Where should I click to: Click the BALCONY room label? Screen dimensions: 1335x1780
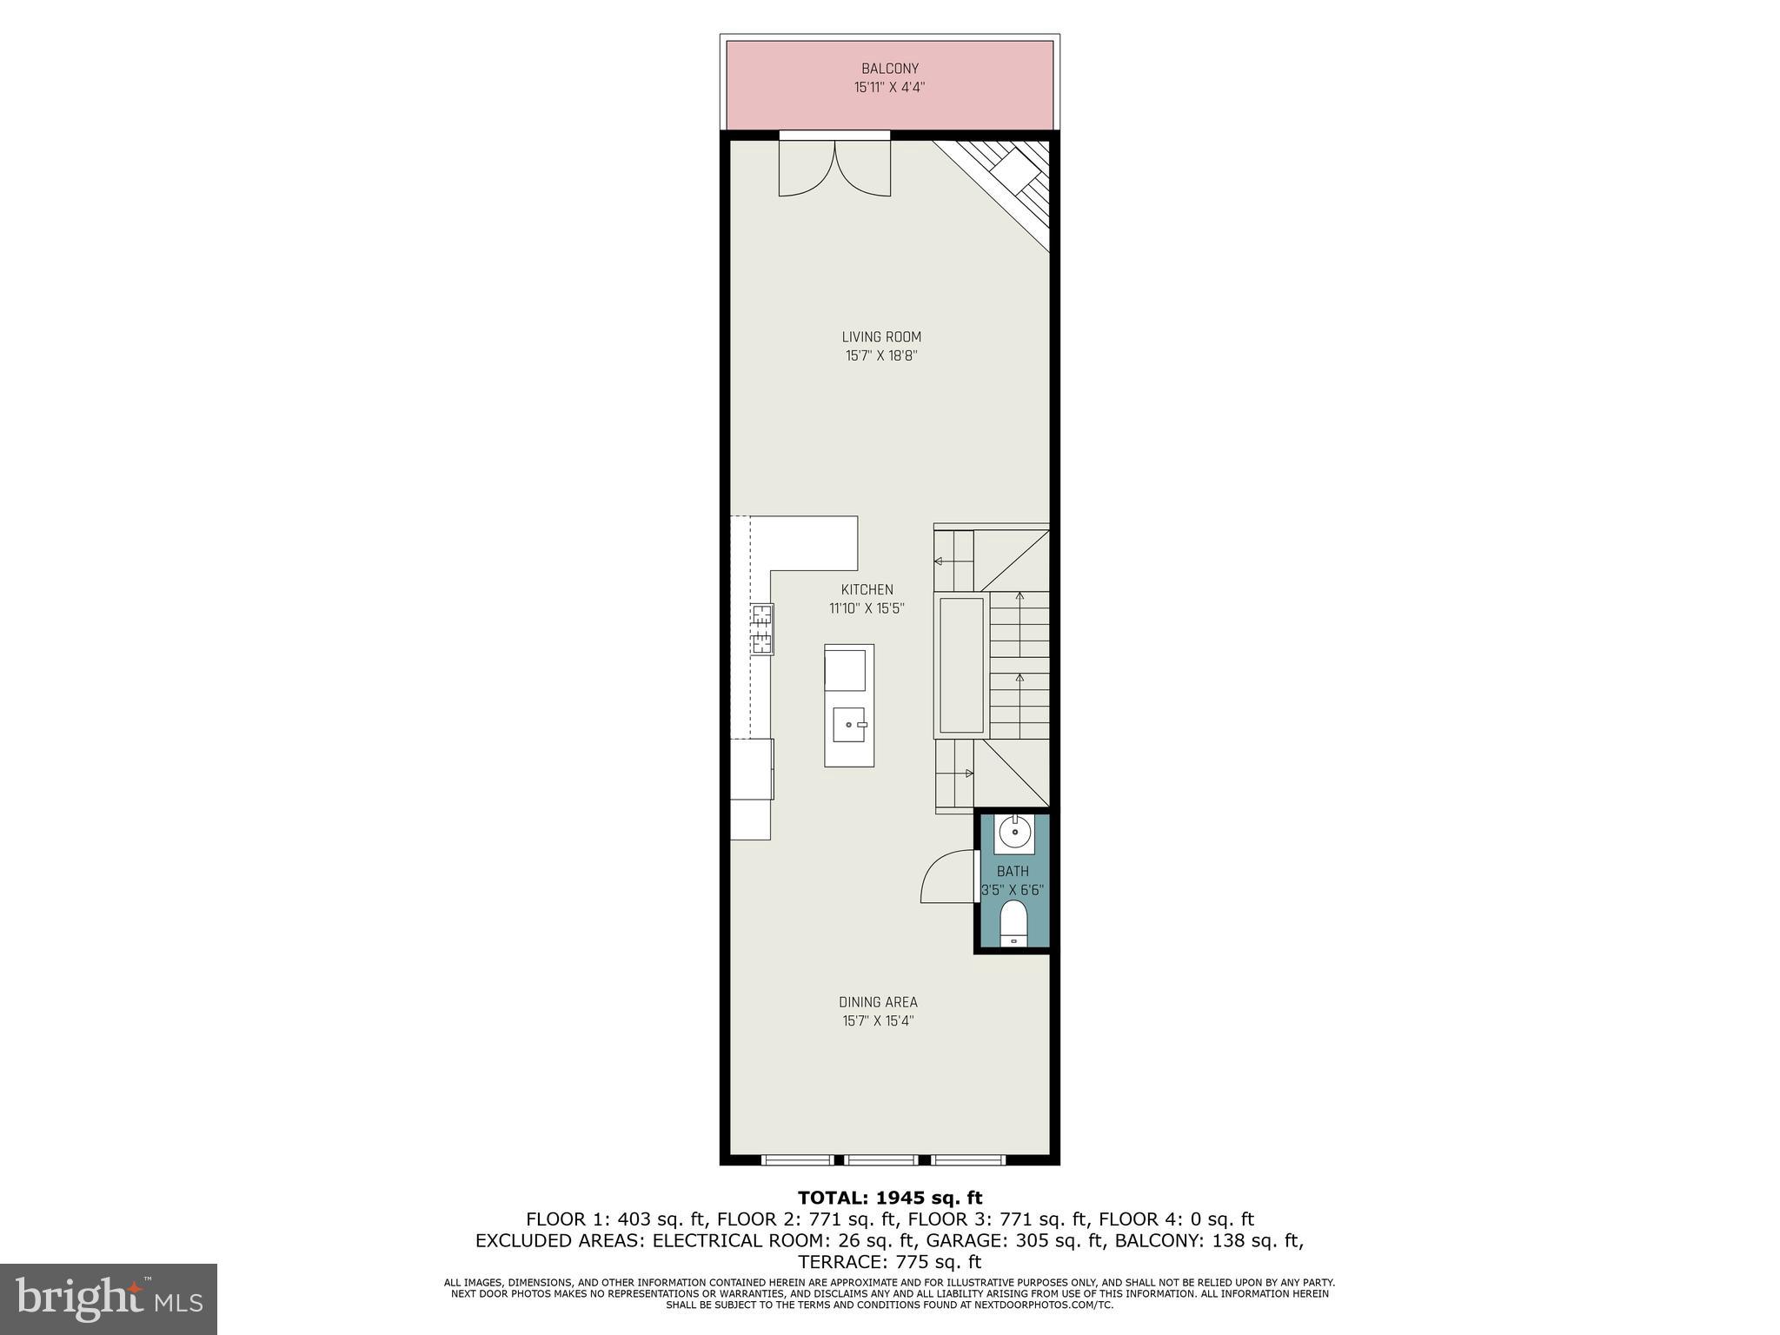[889, 69]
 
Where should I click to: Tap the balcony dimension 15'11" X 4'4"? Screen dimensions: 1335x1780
[889, 87]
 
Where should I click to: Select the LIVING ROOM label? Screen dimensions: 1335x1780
[880, 337]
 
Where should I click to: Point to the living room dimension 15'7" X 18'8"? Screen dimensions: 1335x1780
[880, 355]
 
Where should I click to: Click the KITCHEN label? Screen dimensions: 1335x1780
[867, 590]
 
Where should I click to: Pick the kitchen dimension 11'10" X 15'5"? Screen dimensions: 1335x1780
[867, 608]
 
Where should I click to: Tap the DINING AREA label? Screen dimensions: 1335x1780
[878, 1002]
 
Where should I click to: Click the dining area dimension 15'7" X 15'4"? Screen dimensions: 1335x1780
[878, 1021]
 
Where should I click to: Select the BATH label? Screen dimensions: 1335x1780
[1013, 871]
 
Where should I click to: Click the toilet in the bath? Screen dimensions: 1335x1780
[1013, 922]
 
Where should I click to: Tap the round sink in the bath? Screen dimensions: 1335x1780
[1014, 833]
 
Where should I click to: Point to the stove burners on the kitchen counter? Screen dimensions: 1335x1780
[762, 629]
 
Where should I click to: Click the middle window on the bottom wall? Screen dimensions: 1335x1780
[881, 1159]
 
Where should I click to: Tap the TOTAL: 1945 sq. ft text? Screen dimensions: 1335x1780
[889, 1199]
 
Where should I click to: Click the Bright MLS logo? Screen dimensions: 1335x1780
[109, 1298]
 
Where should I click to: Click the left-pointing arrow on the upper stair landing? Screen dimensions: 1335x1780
[939, 561]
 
